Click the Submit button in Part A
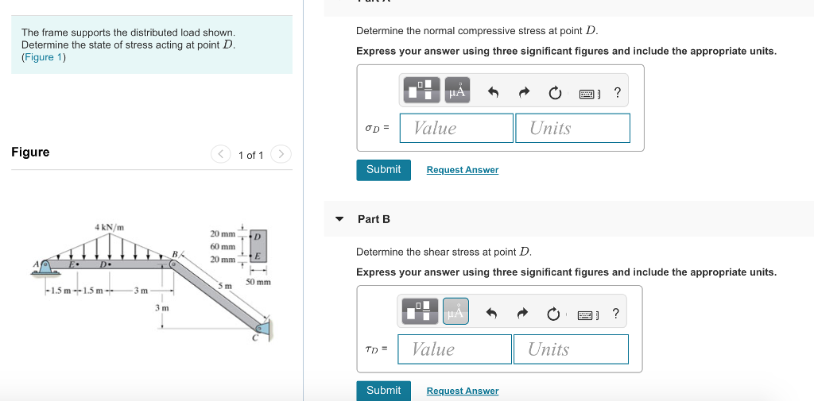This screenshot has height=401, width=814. pos(383,170)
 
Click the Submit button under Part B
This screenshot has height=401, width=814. pos(383,391)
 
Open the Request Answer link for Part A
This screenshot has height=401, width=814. pos(462,170)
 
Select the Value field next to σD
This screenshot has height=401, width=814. pos(456,128)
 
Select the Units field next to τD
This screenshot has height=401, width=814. pos(571,349)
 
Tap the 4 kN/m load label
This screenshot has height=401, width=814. pos(109,228)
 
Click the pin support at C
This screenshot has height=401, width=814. pos(262,327)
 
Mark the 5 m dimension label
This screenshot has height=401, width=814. pos(225,285)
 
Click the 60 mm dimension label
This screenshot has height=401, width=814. pos(223,247)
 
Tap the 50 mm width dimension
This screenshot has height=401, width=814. pos(258,282)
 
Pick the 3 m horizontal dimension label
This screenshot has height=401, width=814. pos(140,291)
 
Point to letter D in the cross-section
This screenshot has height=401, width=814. pos(257,236)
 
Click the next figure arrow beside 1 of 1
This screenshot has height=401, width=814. pos(281,154)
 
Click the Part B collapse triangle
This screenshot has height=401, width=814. pos(340,219)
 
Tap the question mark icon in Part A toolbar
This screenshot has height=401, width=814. pos(617,93)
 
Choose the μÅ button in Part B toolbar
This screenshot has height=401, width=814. pos(455,313)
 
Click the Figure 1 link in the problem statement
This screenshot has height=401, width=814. pos(37,57)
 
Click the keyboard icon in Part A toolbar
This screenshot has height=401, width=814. pos(587,94)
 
